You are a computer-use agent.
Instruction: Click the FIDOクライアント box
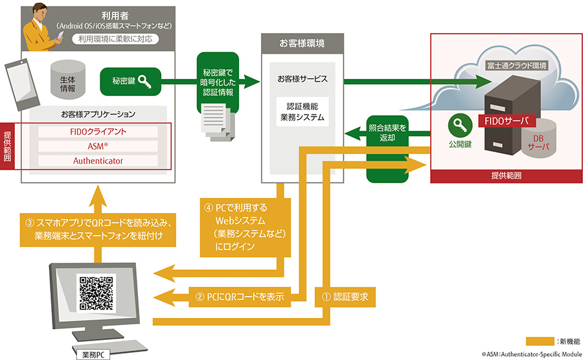(98, 131)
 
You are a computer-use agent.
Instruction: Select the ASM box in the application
(98, 146)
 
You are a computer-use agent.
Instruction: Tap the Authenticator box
(98, 161)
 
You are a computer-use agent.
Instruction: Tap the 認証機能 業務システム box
(301, 111)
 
